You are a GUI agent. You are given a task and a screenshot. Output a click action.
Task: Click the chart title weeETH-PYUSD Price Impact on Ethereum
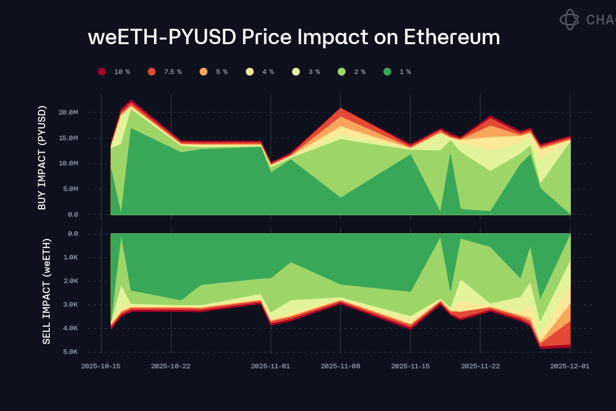click(x=294, y=38)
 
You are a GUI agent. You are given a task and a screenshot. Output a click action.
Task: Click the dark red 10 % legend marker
click(x=102, y=72)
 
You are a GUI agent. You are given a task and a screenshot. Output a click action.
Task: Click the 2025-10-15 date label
click(x=101, y=366)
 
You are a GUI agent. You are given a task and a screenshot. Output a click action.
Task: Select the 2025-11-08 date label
click(x=340, y=366)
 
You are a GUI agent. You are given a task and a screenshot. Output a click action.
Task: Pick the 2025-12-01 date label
click(x=570, y=366)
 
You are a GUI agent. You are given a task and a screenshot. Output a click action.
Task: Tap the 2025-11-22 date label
click(x=480, y=366)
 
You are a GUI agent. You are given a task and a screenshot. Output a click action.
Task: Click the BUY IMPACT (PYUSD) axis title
click(x=42, y=157)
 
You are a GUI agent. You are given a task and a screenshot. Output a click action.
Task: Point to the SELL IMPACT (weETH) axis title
click(x=46, y=291)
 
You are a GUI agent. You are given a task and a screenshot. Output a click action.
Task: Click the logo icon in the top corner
click(x=569, y=20)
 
